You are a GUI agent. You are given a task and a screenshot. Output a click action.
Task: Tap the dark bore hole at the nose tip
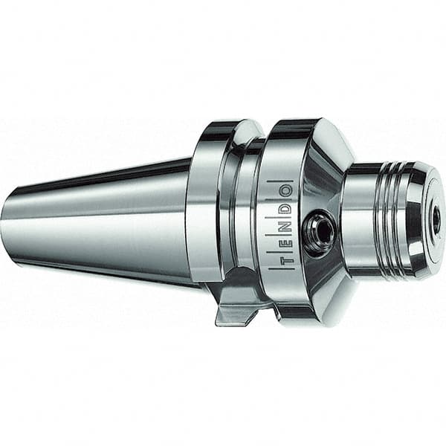[x=436, y=220]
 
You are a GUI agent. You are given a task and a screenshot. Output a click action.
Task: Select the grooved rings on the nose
[x=387, y=220]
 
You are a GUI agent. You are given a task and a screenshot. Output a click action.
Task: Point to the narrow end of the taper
[x=11, y=223]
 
